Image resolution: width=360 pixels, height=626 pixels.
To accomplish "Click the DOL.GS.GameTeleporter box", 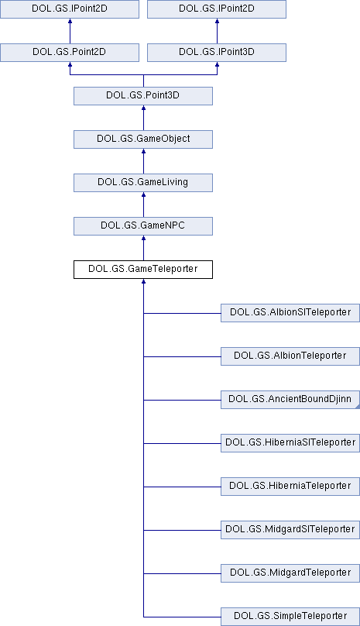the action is pyautogui.click(x=143, y=270).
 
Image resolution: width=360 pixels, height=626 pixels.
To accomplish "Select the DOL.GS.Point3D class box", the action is pyautogui.click(x=143, y=96).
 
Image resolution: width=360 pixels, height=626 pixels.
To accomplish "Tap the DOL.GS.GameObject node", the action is pyautogui.click(x=143, y=139).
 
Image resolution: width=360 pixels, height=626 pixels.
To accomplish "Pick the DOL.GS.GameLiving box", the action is pyautogui.click(x=143, y=183).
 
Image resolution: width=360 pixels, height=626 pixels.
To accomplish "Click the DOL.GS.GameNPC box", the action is pyautogui.click(x=143, y=226).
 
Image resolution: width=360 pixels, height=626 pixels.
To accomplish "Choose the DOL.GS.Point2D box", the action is pyautogui.click(x=70, y=53).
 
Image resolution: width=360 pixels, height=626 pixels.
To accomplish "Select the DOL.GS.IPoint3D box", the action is pyautogui.click(x=217, y=53).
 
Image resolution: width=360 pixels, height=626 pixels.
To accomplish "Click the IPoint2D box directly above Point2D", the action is pyautogui.click(x=70, y=9).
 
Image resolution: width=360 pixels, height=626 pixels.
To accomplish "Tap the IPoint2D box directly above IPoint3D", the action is pyautogui.click(x=217, y=9).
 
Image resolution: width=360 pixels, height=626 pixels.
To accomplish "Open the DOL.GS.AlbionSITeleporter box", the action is pyautogui.click(x=290, y=313).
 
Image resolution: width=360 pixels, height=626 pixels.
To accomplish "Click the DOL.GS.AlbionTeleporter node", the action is pyautogui.click(x=290, y=356).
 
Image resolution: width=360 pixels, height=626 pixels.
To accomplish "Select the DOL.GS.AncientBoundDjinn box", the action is pyautogui.click(x=290, y=400).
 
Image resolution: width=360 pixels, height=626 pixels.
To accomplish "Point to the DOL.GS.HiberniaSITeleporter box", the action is pyautogui.click(x=290, y=443).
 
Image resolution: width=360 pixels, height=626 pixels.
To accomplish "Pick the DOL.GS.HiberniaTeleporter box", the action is pyautogui.click(x=290, y=487).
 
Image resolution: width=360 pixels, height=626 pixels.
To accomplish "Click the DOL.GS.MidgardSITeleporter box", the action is pyautogui.click(x=290, y=530).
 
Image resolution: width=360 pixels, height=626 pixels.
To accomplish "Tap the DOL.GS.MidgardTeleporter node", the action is pyautogui.click(x=290, y=573).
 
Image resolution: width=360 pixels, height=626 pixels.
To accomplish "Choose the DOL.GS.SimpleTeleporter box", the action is pyautogui.click(x=290, y=617).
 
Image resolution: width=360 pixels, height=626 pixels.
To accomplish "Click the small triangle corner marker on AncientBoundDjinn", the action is pyautogui.click(x=358, y=407).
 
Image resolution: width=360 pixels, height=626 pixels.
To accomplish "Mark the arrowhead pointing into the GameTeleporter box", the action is pyautogui.click(x=143, y=281).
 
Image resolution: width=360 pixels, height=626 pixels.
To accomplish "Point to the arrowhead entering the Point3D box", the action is pyautogui.click(x=143, y=108).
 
